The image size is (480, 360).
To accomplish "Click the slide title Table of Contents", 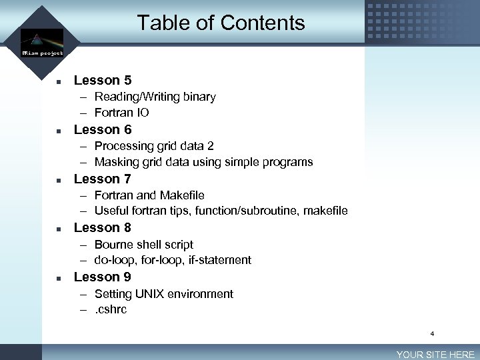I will [x=221, y=23].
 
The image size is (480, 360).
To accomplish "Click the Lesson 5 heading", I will [x=103, y=81].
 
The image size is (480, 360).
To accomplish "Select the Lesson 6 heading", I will [x=103, y=129].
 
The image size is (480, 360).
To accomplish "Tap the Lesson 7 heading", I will [x=103, y=179].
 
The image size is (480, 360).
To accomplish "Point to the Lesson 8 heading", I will [x=103, y=227].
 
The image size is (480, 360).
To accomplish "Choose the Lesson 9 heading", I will [x=103, y=277].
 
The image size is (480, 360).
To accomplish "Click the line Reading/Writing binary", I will [x=155, y=97].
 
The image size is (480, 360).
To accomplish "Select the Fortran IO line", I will [x=121, y=113].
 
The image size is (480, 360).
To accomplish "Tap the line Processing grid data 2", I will [x=154, y=146].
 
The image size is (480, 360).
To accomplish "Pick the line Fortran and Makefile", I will [x=149, y=195].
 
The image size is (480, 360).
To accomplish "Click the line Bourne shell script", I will [x=144, y=245].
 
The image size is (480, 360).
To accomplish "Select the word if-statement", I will [x=219, y=260].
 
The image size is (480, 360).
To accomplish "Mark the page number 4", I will [x=432, y=333].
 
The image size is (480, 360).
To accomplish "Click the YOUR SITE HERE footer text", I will [x=435, y=355].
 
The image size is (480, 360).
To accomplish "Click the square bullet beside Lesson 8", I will [x=59, y=228].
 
